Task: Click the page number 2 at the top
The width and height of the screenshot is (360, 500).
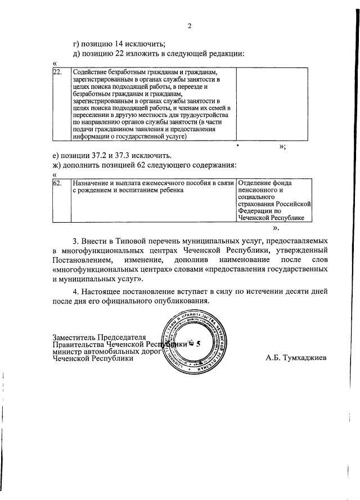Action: [190, 25]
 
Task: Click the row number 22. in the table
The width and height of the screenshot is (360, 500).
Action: [57, 73]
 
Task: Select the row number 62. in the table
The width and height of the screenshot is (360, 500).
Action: [57, 183]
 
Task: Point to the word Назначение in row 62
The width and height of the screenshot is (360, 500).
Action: [92, 183]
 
